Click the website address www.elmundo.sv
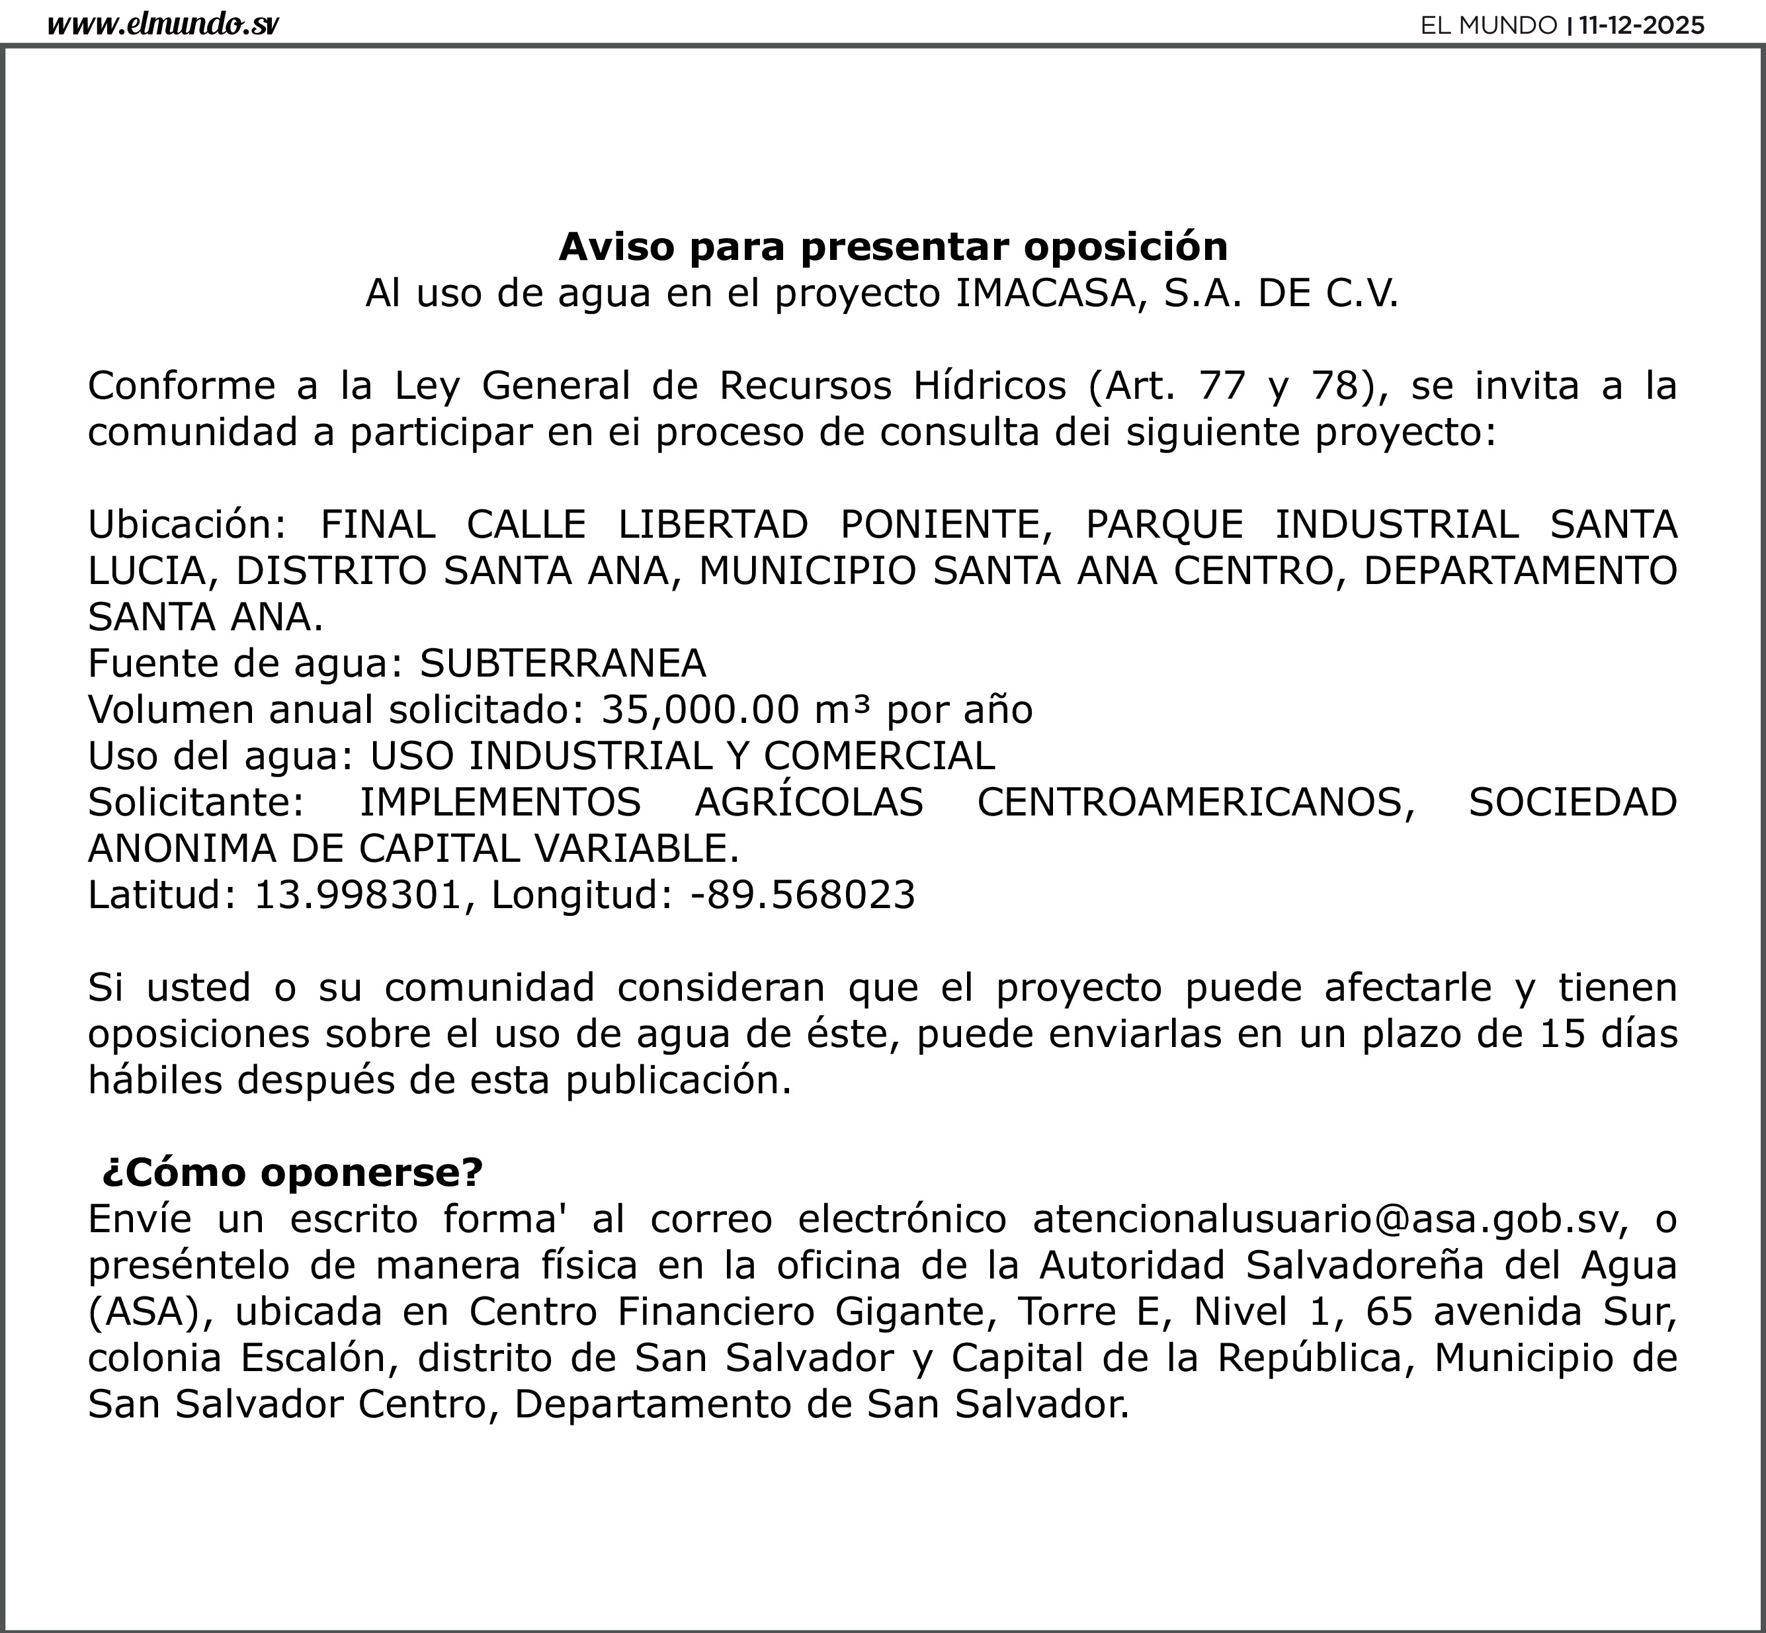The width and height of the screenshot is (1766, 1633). click(x=163, y=24)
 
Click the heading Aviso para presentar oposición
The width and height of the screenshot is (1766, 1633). click(x=893, y=247)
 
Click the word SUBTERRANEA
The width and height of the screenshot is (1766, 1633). click(x=563, y=663)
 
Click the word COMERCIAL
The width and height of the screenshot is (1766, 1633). click(x=880, y=755)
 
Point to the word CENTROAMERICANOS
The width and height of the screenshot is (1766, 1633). click(x=1191, y=802)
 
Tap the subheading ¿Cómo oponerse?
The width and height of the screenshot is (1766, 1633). click(x=292, y=1173)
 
